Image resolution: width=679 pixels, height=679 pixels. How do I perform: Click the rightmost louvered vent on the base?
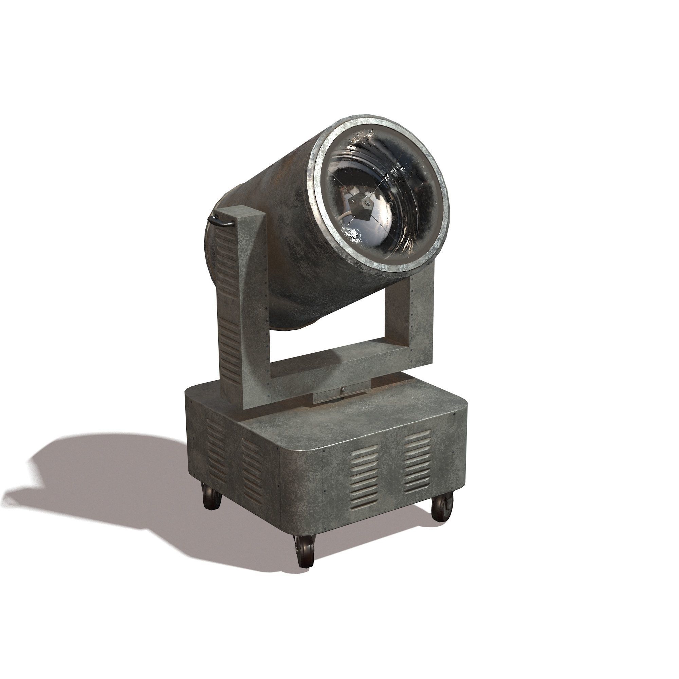(x=417, y=461)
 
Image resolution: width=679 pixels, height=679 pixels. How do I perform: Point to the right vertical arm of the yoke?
(x=421, y=316)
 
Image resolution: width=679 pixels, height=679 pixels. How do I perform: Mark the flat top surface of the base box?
(x=351, y=418)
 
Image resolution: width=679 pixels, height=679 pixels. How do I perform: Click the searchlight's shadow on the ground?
(x=106, y=481)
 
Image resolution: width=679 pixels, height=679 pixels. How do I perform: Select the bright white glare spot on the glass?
(x=352, y=233)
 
